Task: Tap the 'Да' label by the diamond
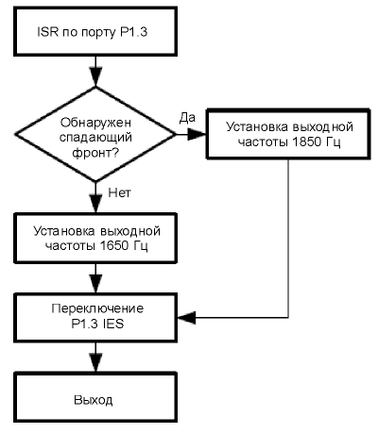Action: point(187,118)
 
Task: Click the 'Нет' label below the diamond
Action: point(119,192)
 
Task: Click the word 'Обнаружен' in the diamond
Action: point(95,122)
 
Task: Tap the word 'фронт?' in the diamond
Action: point(95,153)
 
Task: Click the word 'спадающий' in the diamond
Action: point(95,138)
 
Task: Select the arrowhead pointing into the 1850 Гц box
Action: point(198,134)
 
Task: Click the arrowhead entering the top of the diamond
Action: point(95,77)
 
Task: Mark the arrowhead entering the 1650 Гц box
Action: point(95,204)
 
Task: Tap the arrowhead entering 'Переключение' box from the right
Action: point(187,317)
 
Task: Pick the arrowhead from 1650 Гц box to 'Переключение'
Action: point(95,284)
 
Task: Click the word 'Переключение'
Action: point(97,308)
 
